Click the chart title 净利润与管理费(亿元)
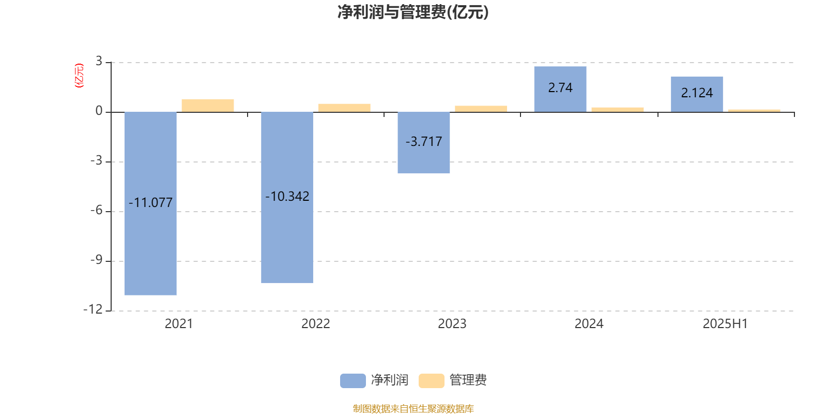coord(413,12)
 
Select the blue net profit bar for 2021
coord(150,203)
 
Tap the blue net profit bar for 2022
coord(287,197)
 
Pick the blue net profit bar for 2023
coord(424,142)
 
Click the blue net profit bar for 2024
coord(560,89)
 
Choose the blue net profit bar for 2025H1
coord(697,94)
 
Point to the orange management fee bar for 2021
coord(208,106)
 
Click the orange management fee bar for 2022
coord(344,108)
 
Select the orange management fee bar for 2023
coord(481,109)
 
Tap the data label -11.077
coord(150,202)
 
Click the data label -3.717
coord(424,142)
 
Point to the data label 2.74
coord(560,87)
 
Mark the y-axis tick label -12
coord(93,309)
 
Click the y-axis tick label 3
coord(99,61)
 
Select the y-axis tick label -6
coord(97,210)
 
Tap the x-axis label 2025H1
coord(726,324)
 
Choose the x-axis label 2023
coord(452,324)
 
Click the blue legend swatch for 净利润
coord(353,381)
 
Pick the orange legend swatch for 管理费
coord(432,381)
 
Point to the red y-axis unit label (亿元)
coord(79,76)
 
